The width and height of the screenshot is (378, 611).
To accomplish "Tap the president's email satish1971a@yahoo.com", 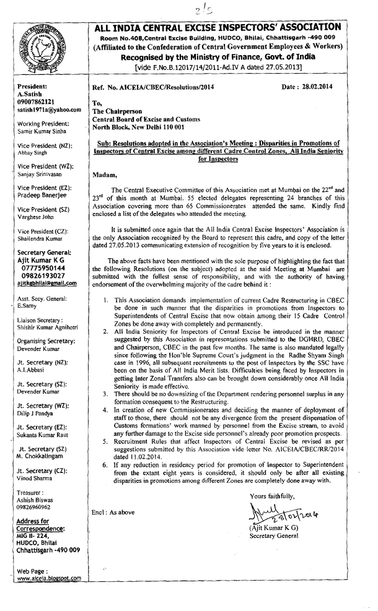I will (49, 110).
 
